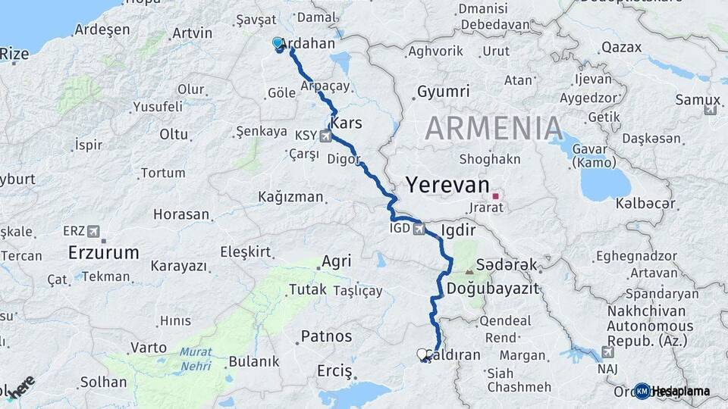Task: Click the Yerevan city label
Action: [x=447, y=185]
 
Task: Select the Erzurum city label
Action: [x=104, y=252]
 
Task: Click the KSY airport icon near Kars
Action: [x=326, y=136]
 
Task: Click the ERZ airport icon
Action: [x=93, y=231]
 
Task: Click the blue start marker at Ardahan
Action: [x=278, y=44]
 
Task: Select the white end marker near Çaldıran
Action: [x=422, y=354]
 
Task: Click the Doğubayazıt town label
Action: [x=492, y=289]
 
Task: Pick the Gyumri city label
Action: [x=443, y=92]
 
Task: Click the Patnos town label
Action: [x=327, y=336]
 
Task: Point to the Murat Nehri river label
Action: [x=196, y=357]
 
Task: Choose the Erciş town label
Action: [x=335, y=372]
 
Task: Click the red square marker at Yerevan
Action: [x=496, y=196]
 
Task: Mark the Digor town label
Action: [x=344, y=159]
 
